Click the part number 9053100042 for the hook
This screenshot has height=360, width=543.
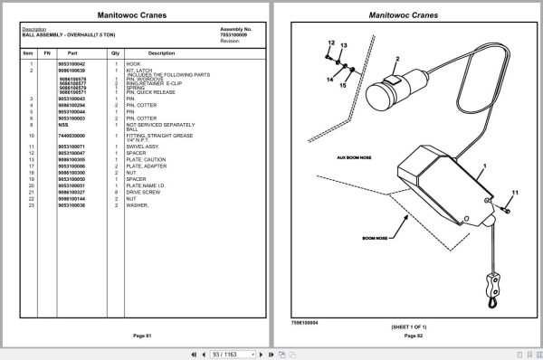click(x=71, y=64)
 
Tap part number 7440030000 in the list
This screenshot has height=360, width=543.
click(x=71, y=136)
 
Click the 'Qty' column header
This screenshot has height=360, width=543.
click(x=116, y=53)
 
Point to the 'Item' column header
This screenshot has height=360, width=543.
click(x=27, y=53)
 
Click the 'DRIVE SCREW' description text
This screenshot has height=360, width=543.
click(x=142, y=192)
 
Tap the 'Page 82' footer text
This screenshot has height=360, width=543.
click(x=413, y=336)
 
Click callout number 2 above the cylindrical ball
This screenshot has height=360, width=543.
click(x=396, y=59)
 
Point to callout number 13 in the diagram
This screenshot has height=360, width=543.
click(x=344, y=45)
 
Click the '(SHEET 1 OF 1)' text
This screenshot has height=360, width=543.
click(x=414, y=326)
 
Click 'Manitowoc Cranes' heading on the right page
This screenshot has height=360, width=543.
click(x=406, y=15)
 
